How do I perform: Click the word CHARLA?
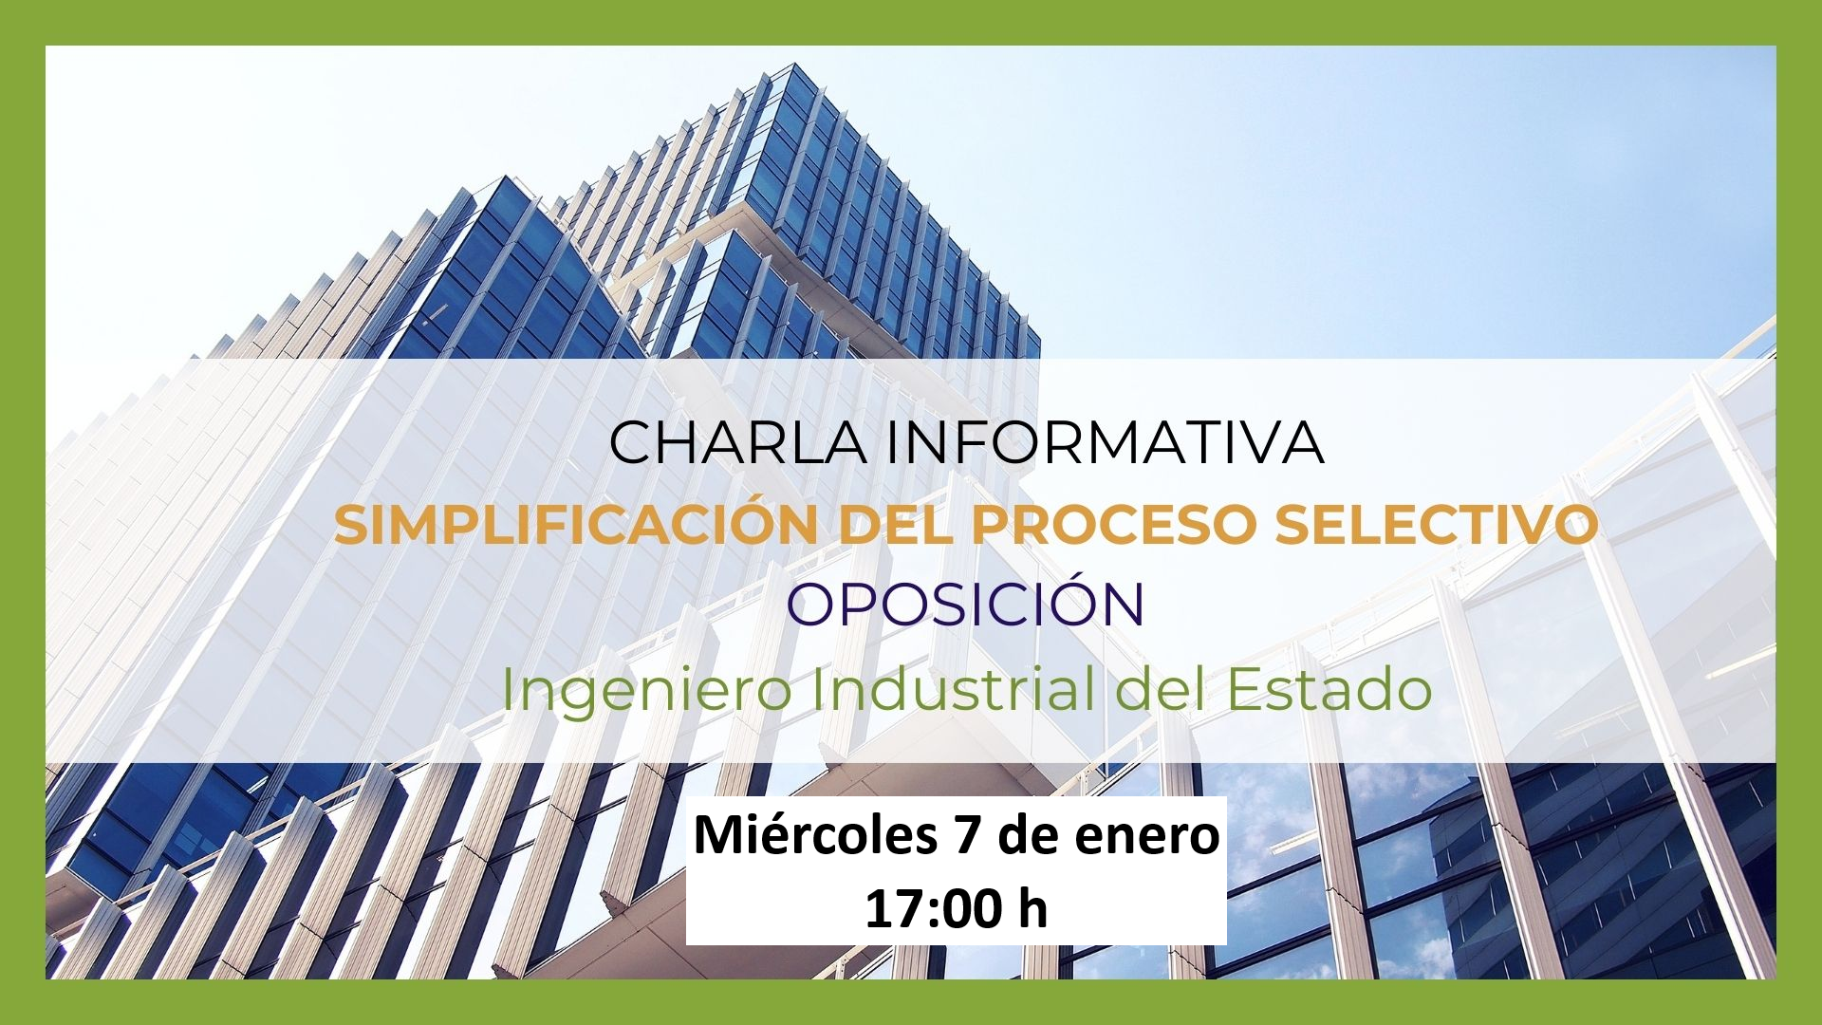[737, 442]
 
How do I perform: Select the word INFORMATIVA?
[1105, 442]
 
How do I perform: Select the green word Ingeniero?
[646, 691]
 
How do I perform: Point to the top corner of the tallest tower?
[794, 65]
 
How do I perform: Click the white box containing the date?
[957, 871]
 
